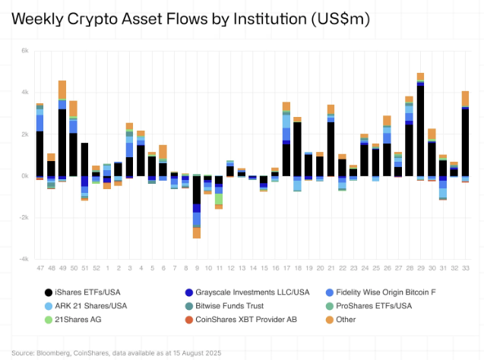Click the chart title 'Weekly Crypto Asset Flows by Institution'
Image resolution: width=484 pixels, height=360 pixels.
click(x=190, y=19)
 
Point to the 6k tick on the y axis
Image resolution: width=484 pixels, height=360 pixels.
click(x=24, y=51)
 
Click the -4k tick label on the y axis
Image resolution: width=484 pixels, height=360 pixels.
click(x=24, y=259)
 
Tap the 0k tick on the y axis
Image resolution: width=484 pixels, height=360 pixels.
click(x=24, y=176)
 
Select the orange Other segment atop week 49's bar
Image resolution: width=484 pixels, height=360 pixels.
click(x=62, y=90)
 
